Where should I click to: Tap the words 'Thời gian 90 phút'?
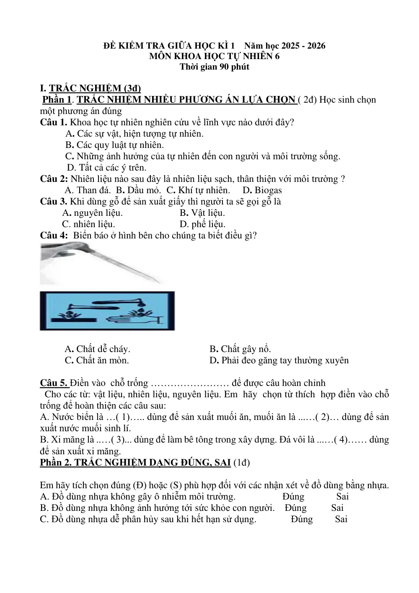(215, 67)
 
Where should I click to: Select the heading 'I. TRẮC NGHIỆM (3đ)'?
(90, 88)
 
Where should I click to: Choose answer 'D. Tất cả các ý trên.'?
(106, 168)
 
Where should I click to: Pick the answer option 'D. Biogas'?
(262, 190)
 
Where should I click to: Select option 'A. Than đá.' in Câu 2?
(88, 190)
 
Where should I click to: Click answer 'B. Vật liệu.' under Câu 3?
(202, 213)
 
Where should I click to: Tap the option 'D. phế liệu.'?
(202, 224)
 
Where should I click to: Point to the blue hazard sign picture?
(107, 311)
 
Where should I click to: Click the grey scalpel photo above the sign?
(102, 264)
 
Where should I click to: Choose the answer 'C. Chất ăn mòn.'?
(97, 360)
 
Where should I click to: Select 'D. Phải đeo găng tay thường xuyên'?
(279, 360)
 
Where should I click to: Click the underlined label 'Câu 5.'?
(55, 383)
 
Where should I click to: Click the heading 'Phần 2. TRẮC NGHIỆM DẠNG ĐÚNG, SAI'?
(135, 463)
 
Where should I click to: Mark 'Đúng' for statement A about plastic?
(293, 496)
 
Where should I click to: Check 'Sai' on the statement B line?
(337, 508)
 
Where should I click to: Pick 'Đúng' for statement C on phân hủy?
(302, 519)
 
